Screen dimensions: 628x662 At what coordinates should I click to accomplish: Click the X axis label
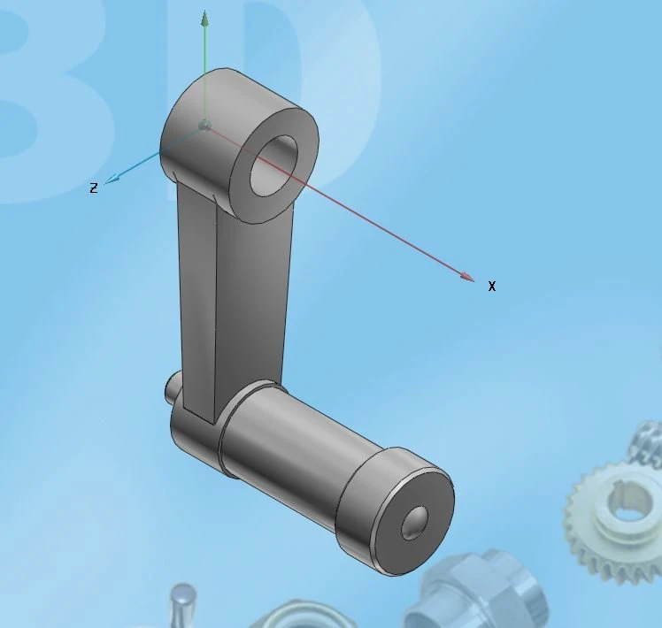pyautogui.click(x=492, y=286)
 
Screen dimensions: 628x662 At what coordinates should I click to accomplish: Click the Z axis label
pyautogui.click(x=93, y=188)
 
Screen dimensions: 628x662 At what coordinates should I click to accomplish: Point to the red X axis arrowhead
pyautogui.click(x=467, y=277)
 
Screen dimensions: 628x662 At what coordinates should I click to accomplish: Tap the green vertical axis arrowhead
pyautogui.click(x=204, y=18)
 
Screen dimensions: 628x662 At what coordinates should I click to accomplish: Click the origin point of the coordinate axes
pyautogui.click(x=204, y=126)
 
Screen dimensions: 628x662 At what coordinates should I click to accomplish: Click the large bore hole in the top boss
pyautogui.click(x=275, y=165)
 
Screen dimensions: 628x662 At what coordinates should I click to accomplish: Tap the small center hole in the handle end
pyautogui.click(x=412, y=524)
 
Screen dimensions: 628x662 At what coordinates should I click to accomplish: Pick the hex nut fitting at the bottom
pyautogui.click(x=478, y=593)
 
